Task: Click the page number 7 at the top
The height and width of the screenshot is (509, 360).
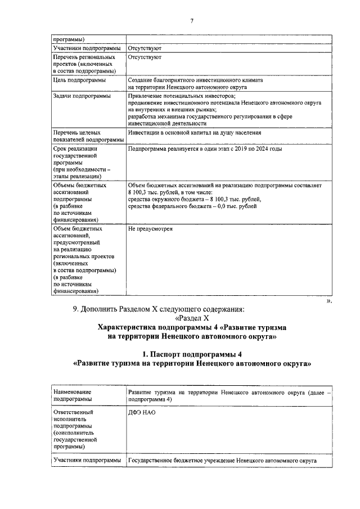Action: point(191,21)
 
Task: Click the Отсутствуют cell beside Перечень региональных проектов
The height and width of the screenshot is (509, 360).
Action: point(145,57)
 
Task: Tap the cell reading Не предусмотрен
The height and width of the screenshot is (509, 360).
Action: point(150,229)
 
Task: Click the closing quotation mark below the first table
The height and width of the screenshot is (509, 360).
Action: point(330,301)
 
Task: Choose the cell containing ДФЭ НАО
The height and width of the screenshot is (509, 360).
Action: point(142,412)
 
